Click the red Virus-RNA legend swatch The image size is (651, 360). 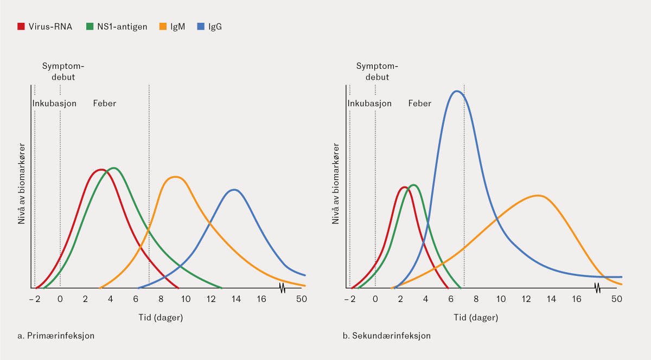[21, 26]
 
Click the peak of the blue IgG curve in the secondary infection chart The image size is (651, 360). [457, 91]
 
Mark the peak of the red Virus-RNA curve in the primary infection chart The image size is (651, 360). [100, 170]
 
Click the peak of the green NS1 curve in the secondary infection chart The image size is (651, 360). [414, 185]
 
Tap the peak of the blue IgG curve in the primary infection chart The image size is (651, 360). [234, 190]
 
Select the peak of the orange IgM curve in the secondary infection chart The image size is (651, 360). [538, 195]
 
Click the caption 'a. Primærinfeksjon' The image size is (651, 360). [56, 336]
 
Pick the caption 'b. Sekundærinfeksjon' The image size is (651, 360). [387, 336]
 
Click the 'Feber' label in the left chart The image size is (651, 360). [104, 104]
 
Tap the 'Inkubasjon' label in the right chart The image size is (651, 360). [369, 104]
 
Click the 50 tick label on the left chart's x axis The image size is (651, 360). [301, 299]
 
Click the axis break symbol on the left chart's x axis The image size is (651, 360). [282, 287]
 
